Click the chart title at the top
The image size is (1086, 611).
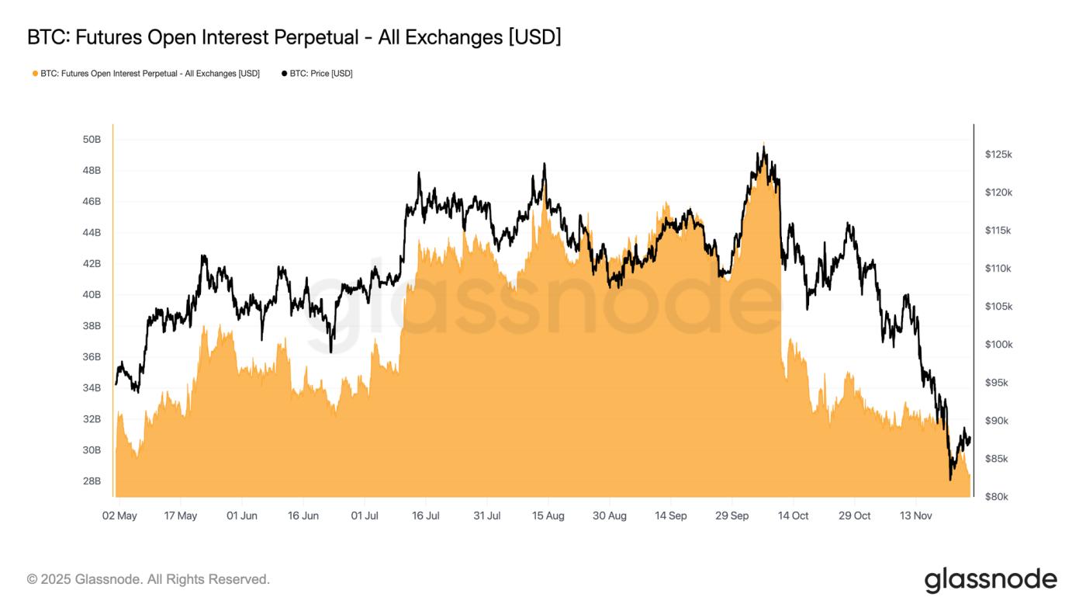coord(293,36)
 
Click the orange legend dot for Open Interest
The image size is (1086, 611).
coord(35,74)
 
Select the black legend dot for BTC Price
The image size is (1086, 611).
coord(284,74)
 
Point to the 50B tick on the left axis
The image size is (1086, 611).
coord(92,140)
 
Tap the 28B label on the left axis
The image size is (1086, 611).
coord(92,481)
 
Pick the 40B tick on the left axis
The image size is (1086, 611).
coord(92,295)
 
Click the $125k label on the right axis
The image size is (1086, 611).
coord(998,154)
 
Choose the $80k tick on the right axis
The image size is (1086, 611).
coord(996,497)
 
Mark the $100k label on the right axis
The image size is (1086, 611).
coord(998,345)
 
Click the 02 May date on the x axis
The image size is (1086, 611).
coord(119,516)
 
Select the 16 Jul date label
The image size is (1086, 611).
coord(426,516)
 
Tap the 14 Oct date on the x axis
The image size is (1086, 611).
coord(794,516)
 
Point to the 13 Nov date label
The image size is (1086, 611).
coord(916,516)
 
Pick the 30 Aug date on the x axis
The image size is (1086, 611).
coord(610,516)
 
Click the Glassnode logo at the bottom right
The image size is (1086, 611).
coord(991,580)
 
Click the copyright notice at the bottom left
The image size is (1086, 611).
coord(148,579)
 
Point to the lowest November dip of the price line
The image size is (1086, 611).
coord(950,479)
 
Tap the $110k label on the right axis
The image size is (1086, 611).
coord(998,269)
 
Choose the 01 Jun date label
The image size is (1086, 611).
coord(242,516)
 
